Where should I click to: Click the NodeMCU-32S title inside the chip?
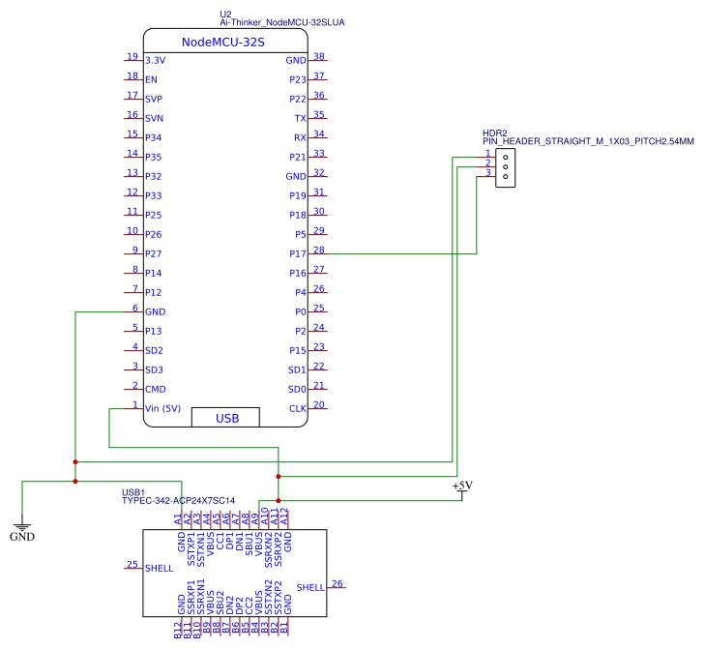(x=223, y=43)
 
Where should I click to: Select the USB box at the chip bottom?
(x=226, y=418)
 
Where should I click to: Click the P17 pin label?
(x=298, y=253)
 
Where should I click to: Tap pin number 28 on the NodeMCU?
(x=319, y=250)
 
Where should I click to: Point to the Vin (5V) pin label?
(x=163, y=408)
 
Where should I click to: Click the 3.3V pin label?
(x=155, y=60)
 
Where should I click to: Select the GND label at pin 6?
(x=155, y=311)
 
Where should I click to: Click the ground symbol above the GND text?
(x=21, y=523)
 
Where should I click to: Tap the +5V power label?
(x=462, y=486)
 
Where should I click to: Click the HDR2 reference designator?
(x=494, y=133)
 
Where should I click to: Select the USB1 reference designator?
(x=133, y=491)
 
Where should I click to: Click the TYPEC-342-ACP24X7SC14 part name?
(x=178, y=501)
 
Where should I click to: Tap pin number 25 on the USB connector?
(x=132, y=565)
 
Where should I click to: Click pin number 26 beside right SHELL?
(x=337, y=583)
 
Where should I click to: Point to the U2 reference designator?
(x=226, y=14)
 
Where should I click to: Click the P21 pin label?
(x=298, y=157)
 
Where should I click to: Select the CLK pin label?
(x=298, y=408)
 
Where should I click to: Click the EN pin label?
(x=151, y=79)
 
